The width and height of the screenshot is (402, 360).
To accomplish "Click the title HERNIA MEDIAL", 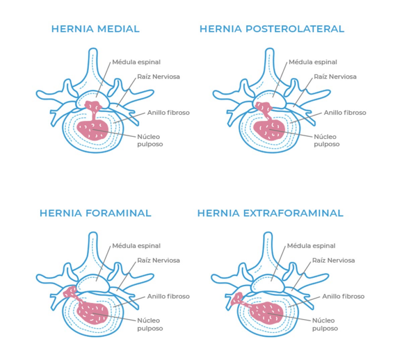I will point(95,29).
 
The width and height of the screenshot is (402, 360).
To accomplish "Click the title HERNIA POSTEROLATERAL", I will point(272,29).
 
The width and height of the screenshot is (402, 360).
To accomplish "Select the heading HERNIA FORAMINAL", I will point(95,213).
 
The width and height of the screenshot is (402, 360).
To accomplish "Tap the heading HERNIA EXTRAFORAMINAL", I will point(270,213).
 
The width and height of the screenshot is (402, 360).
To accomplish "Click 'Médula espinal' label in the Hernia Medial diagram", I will point(136,62).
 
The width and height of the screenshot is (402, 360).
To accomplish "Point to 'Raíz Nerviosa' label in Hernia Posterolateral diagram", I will point(335,76).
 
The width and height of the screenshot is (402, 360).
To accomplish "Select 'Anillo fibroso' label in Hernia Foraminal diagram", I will point(168,296).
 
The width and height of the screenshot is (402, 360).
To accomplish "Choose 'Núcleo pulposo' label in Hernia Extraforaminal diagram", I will point(325,324).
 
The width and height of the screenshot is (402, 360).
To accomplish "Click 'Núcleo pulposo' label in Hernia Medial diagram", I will point(150,140).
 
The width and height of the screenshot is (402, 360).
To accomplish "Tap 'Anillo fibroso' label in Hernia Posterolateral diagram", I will point(345,113).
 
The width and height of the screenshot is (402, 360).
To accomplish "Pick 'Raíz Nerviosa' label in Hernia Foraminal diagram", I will point(159,260).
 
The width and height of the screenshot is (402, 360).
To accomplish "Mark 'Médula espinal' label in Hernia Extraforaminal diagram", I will point(311,246).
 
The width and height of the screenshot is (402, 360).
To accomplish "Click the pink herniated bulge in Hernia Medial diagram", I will point(93,106).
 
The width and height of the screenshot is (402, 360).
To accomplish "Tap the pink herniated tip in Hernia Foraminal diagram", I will point(70,291).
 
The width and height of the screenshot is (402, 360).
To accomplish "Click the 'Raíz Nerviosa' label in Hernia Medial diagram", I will point(159,76).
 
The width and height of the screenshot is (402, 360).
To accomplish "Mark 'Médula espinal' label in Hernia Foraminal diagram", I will point(136,246).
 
